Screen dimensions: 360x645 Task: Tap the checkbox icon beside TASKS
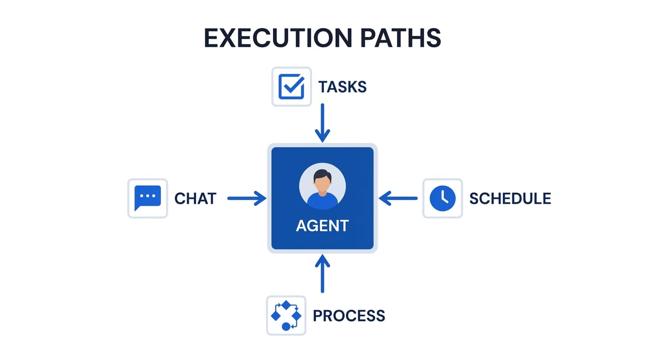tap(292, 87)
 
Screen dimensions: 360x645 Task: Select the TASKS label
tap(342, 87)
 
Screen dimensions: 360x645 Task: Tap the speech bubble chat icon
tap(148, 198)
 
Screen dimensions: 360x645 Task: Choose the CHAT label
tap(195, 199)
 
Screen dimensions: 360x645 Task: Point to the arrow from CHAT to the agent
tap(247, 198)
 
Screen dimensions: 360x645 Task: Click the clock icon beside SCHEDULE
tap(442, 198)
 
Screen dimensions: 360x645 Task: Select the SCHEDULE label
tap(510, 199)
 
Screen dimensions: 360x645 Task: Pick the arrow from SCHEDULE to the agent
tap(398, 198)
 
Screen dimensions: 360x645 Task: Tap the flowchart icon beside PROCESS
tap(286, 315)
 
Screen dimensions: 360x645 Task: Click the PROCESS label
tap(349, 316)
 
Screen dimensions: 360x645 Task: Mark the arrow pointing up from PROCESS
tap(322, 274)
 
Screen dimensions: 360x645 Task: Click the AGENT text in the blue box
tap(322, 226)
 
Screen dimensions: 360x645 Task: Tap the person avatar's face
tap(322, 185)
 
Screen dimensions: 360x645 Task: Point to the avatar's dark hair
tap(322, 175)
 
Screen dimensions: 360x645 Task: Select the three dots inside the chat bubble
tap(148, 195)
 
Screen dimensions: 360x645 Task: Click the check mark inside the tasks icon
tap(293, 86)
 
